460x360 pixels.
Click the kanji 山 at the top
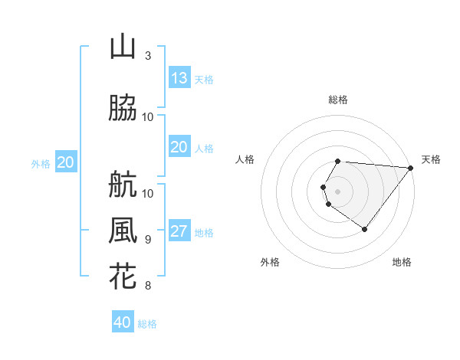click(x=123, y=47)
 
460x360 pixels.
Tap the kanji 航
click(x=123, y=184)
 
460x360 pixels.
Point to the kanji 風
click(x=123, y=230)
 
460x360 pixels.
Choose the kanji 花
click(x=123, y=276)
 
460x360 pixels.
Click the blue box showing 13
click(x=179, y=78)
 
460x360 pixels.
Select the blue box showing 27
click(x=179, y=232)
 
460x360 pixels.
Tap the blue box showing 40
click(x=123, y=322)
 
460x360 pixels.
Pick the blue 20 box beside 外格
click(x=65, y=162)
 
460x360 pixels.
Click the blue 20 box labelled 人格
click(x=179, y=147)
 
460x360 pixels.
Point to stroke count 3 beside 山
click(x=148, y=56)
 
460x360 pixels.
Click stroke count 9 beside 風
click(x=148, y=239)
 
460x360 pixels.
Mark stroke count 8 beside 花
click(x=148, y=286)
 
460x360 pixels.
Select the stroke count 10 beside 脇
click(x=148, y=116)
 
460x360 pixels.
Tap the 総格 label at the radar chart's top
click(x=338, y=100)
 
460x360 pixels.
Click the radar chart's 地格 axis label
click(x=402, y=263)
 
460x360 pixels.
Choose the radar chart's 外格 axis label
click(x=270, y=263)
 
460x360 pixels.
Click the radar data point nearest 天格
click(x=411, y=169)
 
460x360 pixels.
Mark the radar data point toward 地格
click(x=364, y=229)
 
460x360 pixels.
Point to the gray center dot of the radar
click(x=338, y=191)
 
